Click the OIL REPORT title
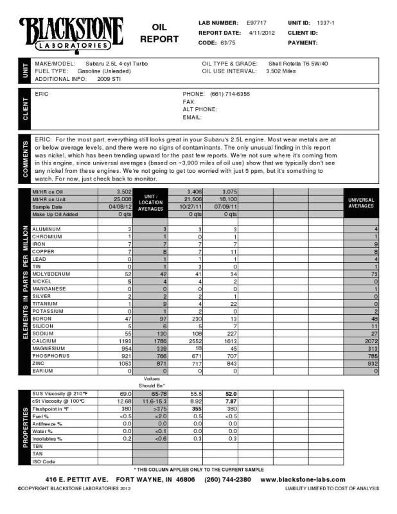click(159, 33)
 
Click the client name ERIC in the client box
click(42, 94)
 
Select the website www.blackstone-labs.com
click(303, 480)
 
